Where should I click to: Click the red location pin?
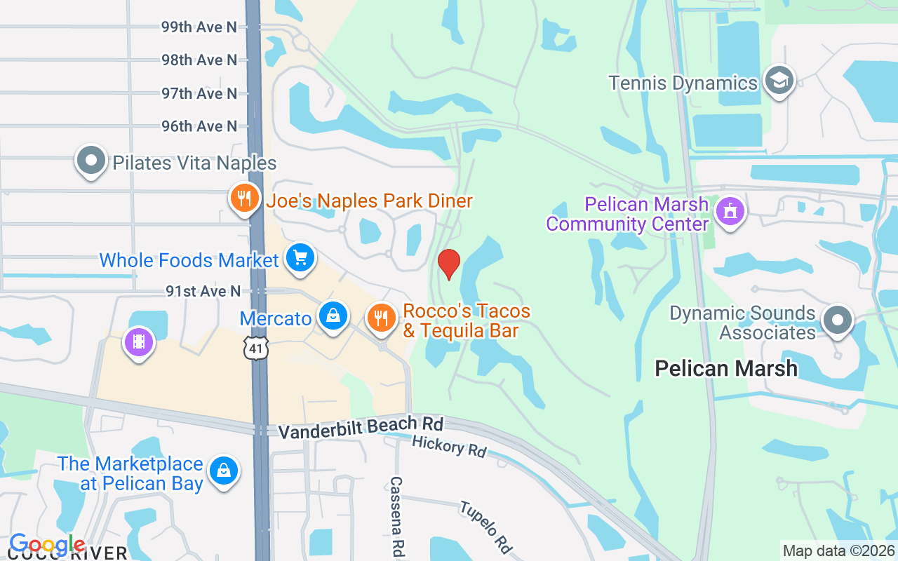pyautogui.click(x=449, y=264)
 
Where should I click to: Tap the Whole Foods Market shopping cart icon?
pyautogui.click(x=301, y=259)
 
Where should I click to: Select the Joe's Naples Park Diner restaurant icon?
pyautogui.click(x=243, y=199)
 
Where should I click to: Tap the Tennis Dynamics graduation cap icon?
pyautogui.click(x=779, y=81)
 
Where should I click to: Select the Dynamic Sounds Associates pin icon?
pyautogui.click(x=836, y=320)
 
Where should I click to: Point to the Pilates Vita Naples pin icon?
pyautogui.click(x=91, y=161)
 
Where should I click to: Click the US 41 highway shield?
pyautogui.click(x=257, y=347)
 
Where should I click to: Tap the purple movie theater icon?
pyautogui.click(x=139, y=343)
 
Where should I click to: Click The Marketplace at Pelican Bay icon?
pyautogui.click(x=223, y=471)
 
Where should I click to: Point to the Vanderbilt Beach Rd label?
pyautogui.click(x=361, y=427)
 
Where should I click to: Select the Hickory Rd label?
pyautogui.click(x=449, y=446)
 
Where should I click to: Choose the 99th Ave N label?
pyautogui.click(x=199, y=27)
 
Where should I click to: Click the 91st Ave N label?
pyautogui.click(x=203, y=290)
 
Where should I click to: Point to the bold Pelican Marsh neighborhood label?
pyautogui.click(x=726, y=368)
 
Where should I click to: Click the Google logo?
pyautogui.click(x=47, y=544)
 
